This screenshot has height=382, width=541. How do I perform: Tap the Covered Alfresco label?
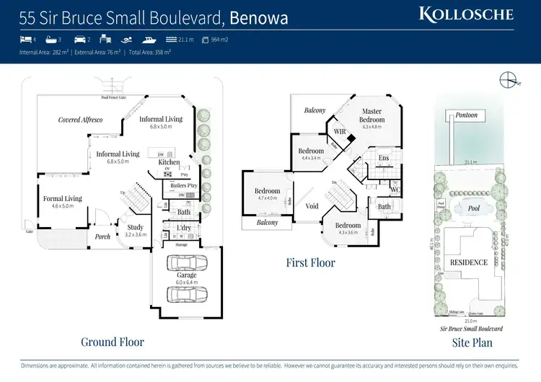click(80, 120)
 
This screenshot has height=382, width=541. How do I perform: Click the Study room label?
click(136, 227)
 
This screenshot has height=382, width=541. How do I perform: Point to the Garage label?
click(187, 275)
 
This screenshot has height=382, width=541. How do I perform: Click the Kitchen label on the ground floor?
click(169, 162)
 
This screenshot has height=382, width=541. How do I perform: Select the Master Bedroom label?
click(372, 115)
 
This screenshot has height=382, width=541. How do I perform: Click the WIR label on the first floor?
click(339, 131)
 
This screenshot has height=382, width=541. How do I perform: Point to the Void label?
click(312, 206)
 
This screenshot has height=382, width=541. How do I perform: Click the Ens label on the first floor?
click(384, 158)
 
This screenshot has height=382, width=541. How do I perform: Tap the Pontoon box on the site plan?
click(466, 115)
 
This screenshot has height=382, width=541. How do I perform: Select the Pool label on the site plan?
click(472, 208)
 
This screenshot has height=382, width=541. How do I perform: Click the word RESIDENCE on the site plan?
click(470, 263)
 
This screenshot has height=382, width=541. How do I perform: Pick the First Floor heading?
click(310, 263)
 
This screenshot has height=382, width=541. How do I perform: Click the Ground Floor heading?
click(113, 342)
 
